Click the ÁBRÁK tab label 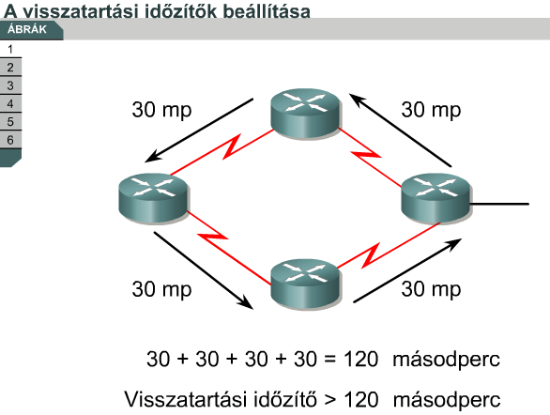tap(27, 29)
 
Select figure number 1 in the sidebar tap(10, 49)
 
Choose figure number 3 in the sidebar tap(10, 85)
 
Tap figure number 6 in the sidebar tap(10, 140)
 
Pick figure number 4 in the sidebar tap(10, 103)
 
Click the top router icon tap(306, 113)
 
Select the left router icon tap(154, 198)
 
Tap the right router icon tap(436, 198)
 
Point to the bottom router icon tap(306, 284)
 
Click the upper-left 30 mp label tap(161, 110)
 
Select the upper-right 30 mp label tap(431, 110)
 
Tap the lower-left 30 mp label tap(161, 289)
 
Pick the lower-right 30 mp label tap(431, 289)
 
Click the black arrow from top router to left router tap(199, 131)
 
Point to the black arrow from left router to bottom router tap(204, 270)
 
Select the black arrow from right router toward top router tap(400, 130)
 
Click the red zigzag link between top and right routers tap(370, 157)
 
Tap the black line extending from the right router tap(499, 204)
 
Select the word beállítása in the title tap(267, 11)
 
